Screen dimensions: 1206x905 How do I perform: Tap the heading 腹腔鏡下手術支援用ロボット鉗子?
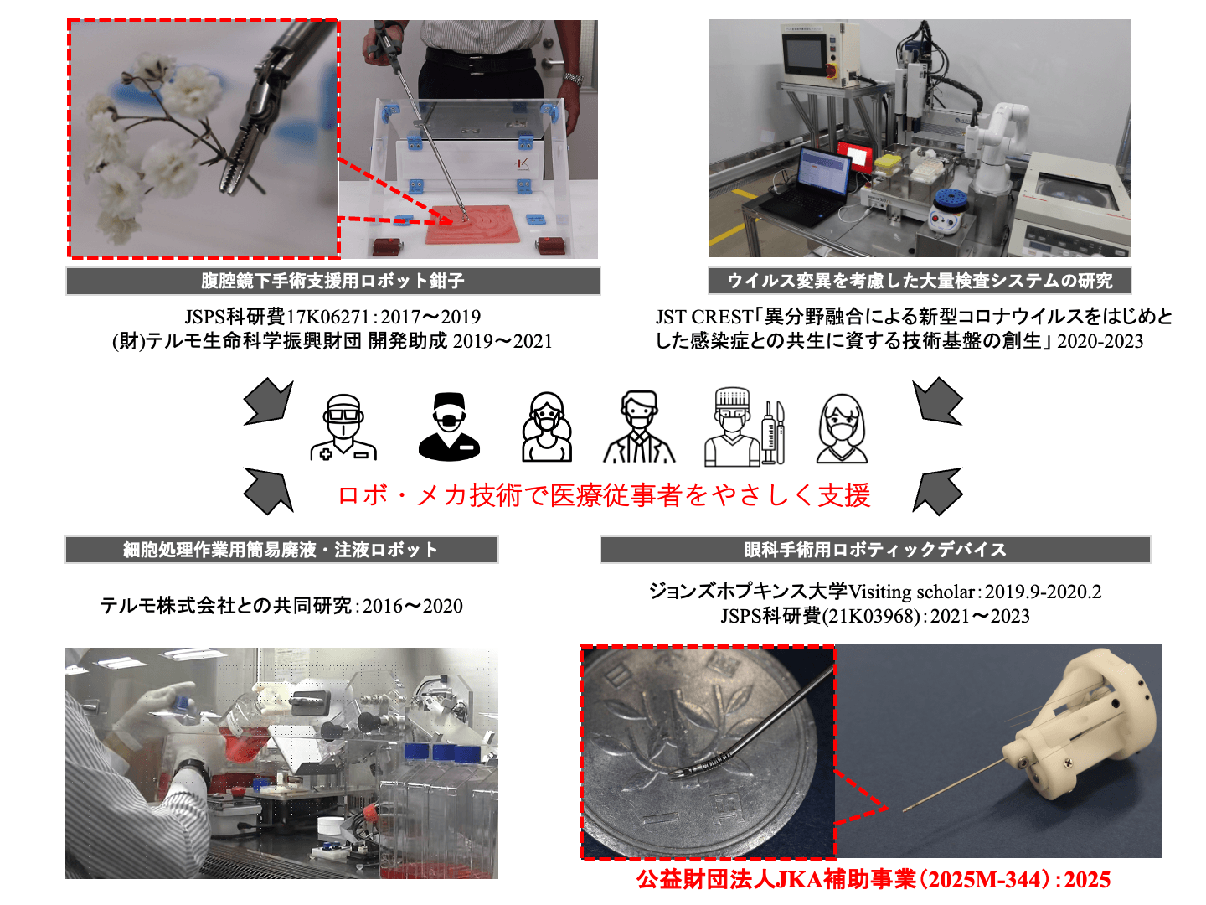332,281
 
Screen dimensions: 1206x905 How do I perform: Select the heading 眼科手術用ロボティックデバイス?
874,550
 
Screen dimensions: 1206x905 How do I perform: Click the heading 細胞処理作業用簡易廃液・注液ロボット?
281,550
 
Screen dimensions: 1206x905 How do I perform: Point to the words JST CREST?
703,317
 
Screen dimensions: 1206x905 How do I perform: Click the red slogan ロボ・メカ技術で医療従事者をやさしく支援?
604,495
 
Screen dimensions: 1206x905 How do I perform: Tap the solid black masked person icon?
449,426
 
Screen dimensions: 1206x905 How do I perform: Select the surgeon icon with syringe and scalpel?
745,427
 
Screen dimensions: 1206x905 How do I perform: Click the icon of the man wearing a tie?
639,427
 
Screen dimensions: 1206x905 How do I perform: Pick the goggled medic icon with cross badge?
343,427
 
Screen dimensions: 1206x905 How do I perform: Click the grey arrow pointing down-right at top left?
269,401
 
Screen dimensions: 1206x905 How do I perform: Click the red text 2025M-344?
984,880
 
